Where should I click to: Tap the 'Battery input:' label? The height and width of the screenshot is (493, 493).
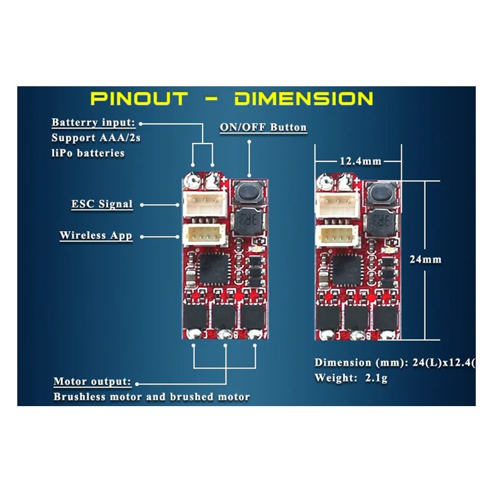point(93,123)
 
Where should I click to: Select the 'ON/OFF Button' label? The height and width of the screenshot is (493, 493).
point(263,128)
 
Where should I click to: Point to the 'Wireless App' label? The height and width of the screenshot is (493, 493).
point(96,235)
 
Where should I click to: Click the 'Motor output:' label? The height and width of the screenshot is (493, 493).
point(92,381)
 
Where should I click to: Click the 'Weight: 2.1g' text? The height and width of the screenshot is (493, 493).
point(351,378)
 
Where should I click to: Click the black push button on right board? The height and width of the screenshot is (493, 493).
point(382,195)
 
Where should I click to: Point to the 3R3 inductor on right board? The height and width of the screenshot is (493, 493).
point(380,219)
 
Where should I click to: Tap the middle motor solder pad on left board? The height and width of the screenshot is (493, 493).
point(225,333)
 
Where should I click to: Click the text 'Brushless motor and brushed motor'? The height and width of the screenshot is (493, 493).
point(152,397)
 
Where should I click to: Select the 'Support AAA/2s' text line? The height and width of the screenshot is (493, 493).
point(96,138)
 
